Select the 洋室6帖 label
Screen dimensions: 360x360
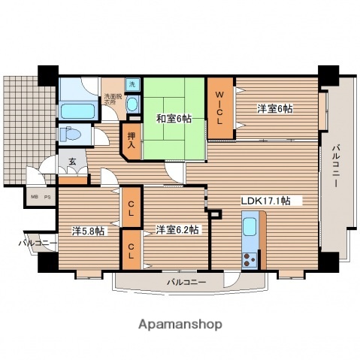tap(275, 109)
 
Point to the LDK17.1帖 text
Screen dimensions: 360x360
tap(271, 201)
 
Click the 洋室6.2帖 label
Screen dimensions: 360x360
tap(177, 229)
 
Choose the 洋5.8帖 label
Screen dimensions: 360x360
tap(89, 231)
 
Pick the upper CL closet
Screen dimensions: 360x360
tap(131, 203)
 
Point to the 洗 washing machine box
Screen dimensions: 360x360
tap(133, 85)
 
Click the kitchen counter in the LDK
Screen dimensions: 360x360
tap(250, 239)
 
